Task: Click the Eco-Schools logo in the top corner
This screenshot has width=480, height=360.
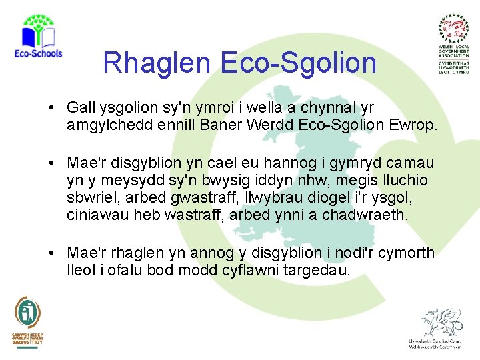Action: pyautogui.click(x=37, y=37)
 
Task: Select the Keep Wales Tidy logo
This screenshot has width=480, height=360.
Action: pyautogui.click(x=27, y=320)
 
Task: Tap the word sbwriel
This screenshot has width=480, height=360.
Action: pyautogui.click(x=89, y=198)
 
